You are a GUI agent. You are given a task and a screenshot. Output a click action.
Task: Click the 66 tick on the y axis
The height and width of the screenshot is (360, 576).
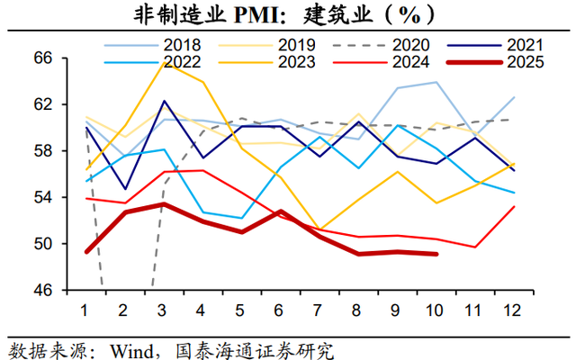pos(44,58)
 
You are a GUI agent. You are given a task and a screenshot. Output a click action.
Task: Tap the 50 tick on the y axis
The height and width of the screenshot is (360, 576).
pos(44,244)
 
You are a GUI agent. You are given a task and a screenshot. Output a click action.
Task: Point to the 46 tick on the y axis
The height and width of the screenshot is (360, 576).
pos(44,291)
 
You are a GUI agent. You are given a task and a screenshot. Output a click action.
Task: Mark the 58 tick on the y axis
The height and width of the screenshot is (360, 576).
pos(44,151)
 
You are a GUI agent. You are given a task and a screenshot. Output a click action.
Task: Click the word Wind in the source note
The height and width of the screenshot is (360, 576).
pos(126,347)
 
